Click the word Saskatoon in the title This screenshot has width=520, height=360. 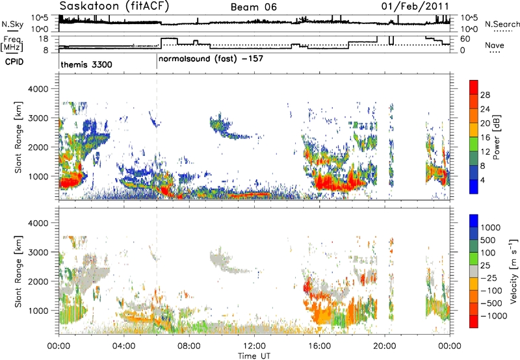90,6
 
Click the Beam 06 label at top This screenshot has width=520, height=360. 253,7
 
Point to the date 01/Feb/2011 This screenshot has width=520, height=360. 415,6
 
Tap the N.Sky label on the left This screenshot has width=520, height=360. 12,24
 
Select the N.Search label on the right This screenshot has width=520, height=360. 502,24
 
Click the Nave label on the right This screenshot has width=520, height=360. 495,45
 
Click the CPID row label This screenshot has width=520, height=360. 14,62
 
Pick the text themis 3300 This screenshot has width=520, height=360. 86,64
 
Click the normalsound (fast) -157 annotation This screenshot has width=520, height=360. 211,59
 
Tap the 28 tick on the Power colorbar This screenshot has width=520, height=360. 485,95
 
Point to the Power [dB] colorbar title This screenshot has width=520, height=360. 496,137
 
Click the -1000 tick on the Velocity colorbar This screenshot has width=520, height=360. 494,316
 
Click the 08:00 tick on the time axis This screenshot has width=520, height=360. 189,346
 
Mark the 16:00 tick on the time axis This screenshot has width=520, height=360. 319,346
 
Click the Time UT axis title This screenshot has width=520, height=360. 254,355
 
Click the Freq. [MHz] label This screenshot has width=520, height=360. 12,44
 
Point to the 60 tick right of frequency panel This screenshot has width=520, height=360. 465,39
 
